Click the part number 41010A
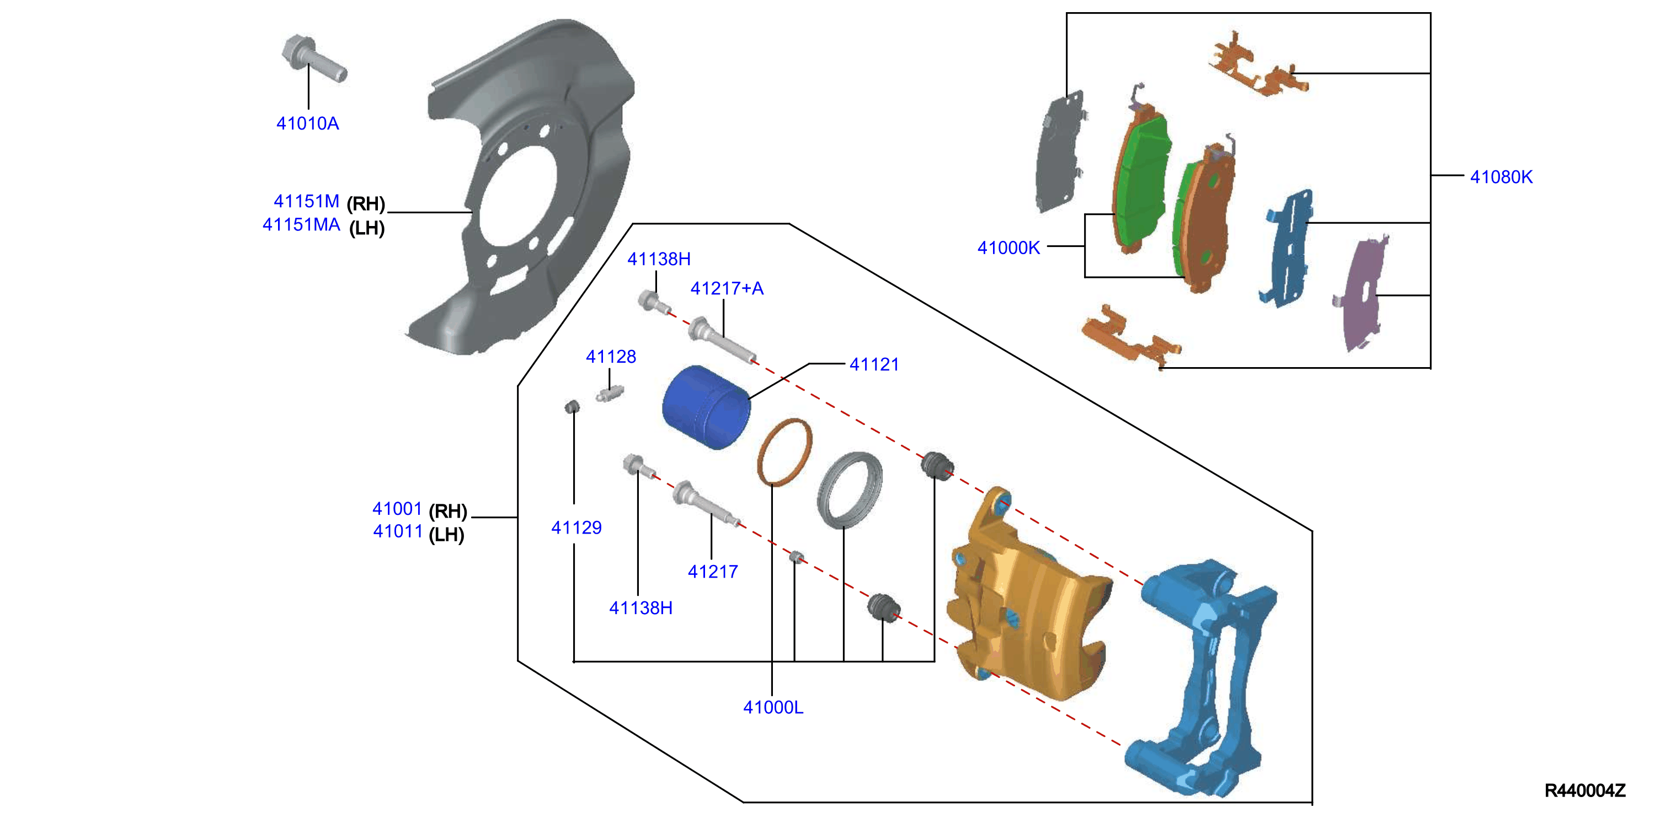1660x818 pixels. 307,123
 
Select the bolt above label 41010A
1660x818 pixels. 314,58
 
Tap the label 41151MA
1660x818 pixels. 301,225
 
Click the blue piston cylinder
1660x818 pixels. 706,407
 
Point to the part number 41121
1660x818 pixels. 874,364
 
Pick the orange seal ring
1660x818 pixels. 784,452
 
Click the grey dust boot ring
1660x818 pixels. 850,490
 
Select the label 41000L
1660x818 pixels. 773,707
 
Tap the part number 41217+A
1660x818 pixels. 727,288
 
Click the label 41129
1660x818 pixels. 576,528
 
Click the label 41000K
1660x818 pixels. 1008,248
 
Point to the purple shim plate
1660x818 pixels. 1362,293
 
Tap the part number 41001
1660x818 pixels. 397,509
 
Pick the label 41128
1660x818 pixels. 611,357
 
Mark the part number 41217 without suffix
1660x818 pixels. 713,572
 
